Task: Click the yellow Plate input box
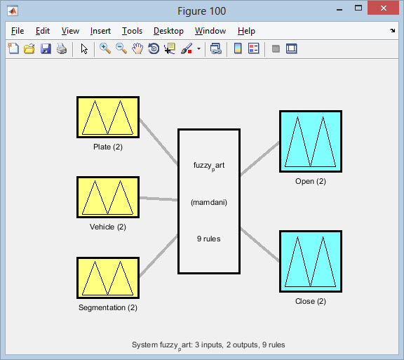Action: pyautogui.click(x=108, y=117)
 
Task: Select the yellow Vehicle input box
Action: pyautogui.click(x=108, y=197)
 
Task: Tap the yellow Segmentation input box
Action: pyautogui.click(x=108, y=278)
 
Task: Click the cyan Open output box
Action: pyautogui.click(x=311, y=141)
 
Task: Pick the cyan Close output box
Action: pyautogui.click(x=311, y=261)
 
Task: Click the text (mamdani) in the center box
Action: pyautogui.click(x=209, y=202)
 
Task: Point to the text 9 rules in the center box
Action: pyautogui.click(x=209, y=239)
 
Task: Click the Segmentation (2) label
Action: pyautogui.click(x=108, y=307)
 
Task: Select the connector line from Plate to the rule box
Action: pyautogui.click(x=159, y=142)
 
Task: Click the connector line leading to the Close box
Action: pyautogui.click(x=260, y=244)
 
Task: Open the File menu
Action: pyautogui.click(x=18, y=31)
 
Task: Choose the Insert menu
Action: pyautogui.click(x=100, y=31)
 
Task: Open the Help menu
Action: pyautogui.click(x=246, y=31)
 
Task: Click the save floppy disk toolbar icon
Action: pyautogui.click(x=46, y=48)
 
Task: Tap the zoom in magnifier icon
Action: pyautogui.click(x=105, y=48)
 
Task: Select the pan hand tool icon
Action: pyautogui.click(x=137, y=48)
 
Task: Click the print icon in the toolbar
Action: pyautogui.click(x=62, y=48)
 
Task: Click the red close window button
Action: pyautogui.click(x=384, y=8)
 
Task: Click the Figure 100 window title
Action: pyautogui.click(x=202, y=11)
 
